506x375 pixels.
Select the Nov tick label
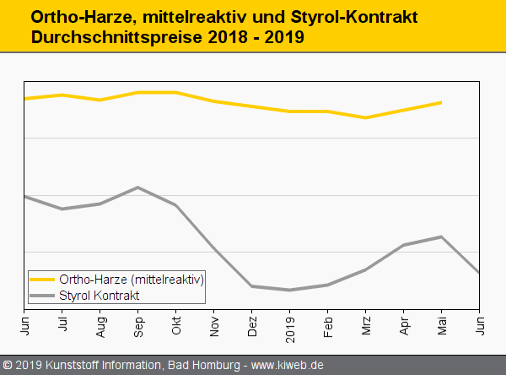[x=214, y=324]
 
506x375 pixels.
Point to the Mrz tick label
[x=366, y=324]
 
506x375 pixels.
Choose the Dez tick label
[x=252, y=324]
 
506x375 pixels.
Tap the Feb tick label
[x=328, y=324]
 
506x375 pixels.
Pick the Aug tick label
[x=100, y=324]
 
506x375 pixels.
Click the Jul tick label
[x=62, y=323]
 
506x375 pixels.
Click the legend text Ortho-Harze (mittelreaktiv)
[x=132, y=279]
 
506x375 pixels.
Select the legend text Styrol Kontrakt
[x=99, y=295]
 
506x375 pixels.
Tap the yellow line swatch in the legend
[x=42, y=279]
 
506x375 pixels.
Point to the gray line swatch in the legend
[x=42, y=295]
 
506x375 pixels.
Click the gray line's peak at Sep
[x=138, y=187]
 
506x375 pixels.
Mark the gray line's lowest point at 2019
[x=290, y=290]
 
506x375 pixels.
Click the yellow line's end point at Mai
[x=441, y=103]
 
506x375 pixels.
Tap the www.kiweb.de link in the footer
[x=288, y=365]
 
